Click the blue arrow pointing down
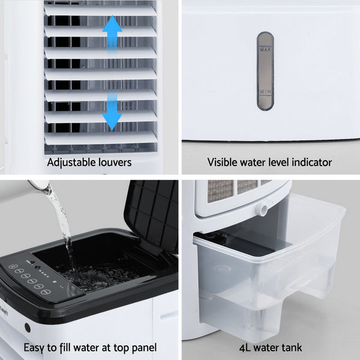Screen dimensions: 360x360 112,113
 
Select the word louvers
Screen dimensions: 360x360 115,162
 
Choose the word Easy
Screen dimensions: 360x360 34,347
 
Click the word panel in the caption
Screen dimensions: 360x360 143,347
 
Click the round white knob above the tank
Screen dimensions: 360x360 261,209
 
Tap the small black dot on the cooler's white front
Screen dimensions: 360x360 27,328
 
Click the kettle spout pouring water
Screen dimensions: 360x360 39,187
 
